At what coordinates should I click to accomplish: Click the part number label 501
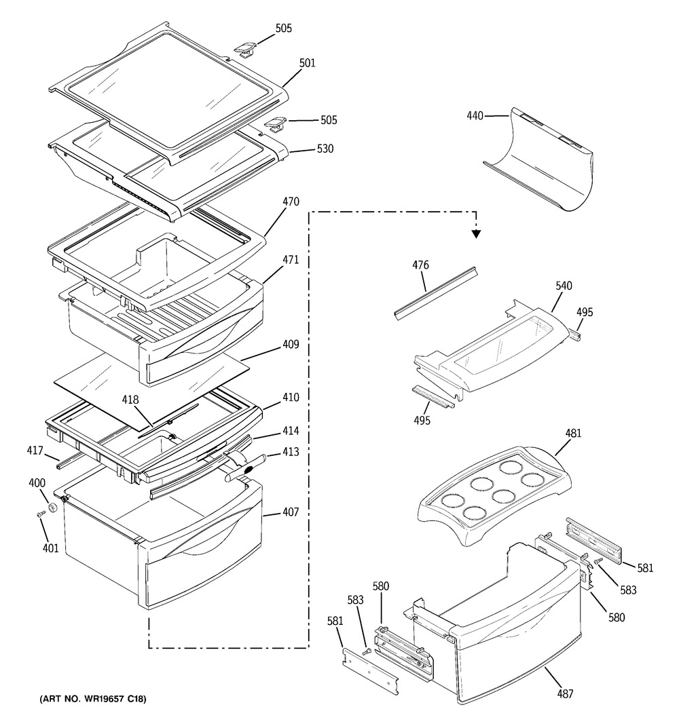click(308, 63)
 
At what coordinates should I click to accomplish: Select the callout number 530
click(325, 149)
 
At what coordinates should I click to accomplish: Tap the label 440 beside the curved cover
click(475, 116)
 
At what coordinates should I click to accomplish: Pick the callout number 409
click(291, 344)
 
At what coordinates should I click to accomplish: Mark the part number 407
click(291, 513)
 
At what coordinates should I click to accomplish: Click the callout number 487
click(565, 693)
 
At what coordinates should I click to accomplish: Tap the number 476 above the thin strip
click(420, 265)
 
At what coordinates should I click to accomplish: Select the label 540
click(564, 286)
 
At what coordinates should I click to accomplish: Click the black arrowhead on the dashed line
click(476, 233)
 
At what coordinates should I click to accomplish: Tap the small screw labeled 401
click(41, 516)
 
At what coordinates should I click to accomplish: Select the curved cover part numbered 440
click(543, 163)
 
